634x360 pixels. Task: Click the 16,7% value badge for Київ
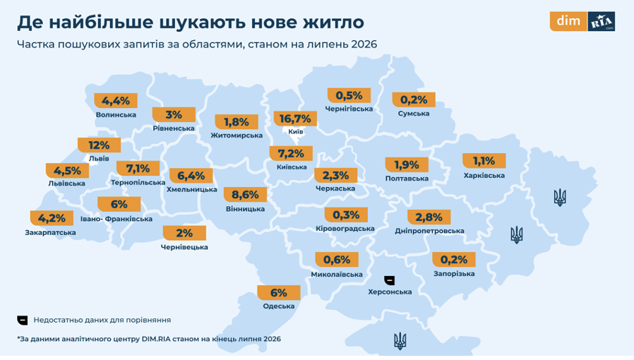pyautogui.click(x=295, y=119)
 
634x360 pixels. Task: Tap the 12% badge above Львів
pyautogui.click(x=99, y=145)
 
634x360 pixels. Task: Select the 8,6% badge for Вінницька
pyautogui.click(x=245, y=195)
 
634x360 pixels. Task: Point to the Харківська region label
pyautogui.click(x=484, y=176)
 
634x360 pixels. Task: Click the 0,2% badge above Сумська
pyautogui.click(x=414, y=100)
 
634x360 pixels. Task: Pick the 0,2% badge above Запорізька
pyautogui.click(x=454, y=259)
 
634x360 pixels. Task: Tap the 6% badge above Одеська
pyautogui.click(x=279, y=292)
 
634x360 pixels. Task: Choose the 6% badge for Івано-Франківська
pyautogui.click(x=119, y=204)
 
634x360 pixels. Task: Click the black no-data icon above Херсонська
pyautogui.click(x=390, y=280)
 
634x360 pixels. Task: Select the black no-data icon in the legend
pyautogui.click(x=23, y=320)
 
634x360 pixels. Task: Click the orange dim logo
pyautogui.click(x=568, y=21)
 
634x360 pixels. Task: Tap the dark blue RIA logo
pyautogui.click(x=602, y=21)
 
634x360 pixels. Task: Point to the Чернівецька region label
pyautogui.click(x=184, y=247)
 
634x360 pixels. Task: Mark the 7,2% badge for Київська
pyautogui.click(x=291, y=154)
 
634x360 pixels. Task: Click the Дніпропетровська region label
pyautogui.click(x=429, y=231)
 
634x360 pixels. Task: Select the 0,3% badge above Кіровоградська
pyautogui.click(x=346, y=215)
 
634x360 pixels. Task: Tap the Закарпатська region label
pyautogui.click(x=51, y=233)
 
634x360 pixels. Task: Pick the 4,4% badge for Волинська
pyautogui.click(x=116, y=101)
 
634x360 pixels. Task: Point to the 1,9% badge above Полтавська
pyautogui.click(x=407, y=165)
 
